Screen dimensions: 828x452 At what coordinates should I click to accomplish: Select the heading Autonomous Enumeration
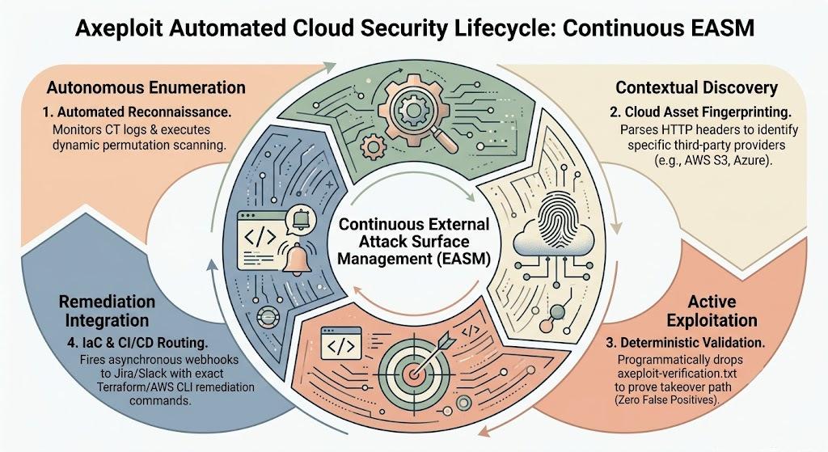point(146,87)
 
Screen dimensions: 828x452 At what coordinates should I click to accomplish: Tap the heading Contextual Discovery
point(696,87)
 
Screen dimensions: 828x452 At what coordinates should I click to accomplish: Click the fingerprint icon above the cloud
point(555,222)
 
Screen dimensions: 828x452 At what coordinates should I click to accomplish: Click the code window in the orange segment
point(341,344)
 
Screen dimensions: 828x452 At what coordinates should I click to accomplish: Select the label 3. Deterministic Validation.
point(686,343)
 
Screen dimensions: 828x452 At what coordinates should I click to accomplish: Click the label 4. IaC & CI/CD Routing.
point(137,343)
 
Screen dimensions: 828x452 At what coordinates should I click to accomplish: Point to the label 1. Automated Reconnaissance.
point(137,112)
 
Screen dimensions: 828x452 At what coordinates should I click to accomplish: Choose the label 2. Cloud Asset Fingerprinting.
point(700,112)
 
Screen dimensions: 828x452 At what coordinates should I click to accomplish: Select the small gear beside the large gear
point(374,144)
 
